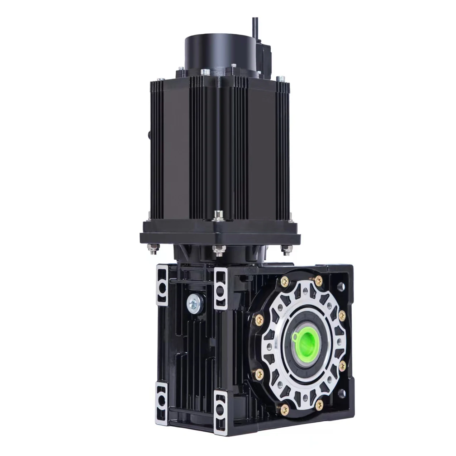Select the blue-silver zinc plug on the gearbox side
point(194,303)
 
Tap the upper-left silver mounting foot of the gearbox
point(162,284)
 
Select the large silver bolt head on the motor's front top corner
point(205,72)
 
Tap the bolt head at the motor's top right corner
point(281,78)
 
